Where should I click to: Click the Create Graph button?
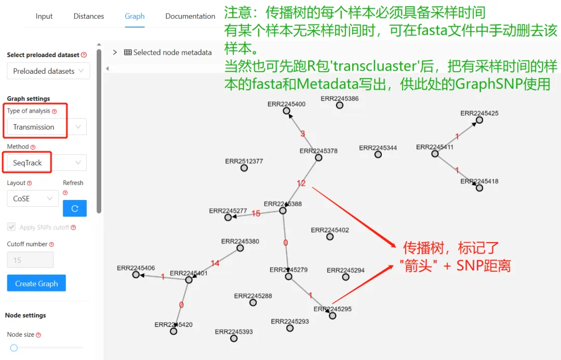(x=36, y=284)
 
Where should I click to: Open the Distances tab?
(x=89, y=16)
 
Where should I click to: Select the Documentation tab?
(x=190, y=16)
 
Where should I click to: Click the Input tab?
(x=44, y=16)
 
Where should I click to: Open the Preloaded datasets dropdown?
(x=48, y=71)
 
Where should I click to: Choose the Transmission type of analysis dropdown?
(x=46, y=127)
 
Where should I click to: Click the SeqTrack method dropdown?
(x=46, y=163)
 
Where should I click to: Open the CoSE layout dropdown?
(x=32, y=198)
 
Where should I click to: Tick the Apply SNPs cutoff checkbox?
(x=11, y=227)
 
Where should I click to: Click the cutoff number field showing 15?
(x=30, y=260)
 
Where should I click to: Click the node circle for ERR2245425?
(x=479, y=120)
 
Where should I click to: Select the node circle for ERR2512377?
(x=244, y=168)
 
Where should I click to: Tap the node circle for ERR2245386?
(x=340, y=105)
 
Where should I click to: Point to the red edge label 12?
(x=301, y=183)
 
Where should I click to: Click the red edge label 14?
(x=215, y=263)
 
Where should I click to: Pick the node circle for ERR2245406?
(x=136, y=275)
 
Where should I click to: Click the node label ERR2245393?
(x=234, y=331)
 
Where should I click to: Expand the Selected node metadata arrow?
(x=115, y=52)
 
